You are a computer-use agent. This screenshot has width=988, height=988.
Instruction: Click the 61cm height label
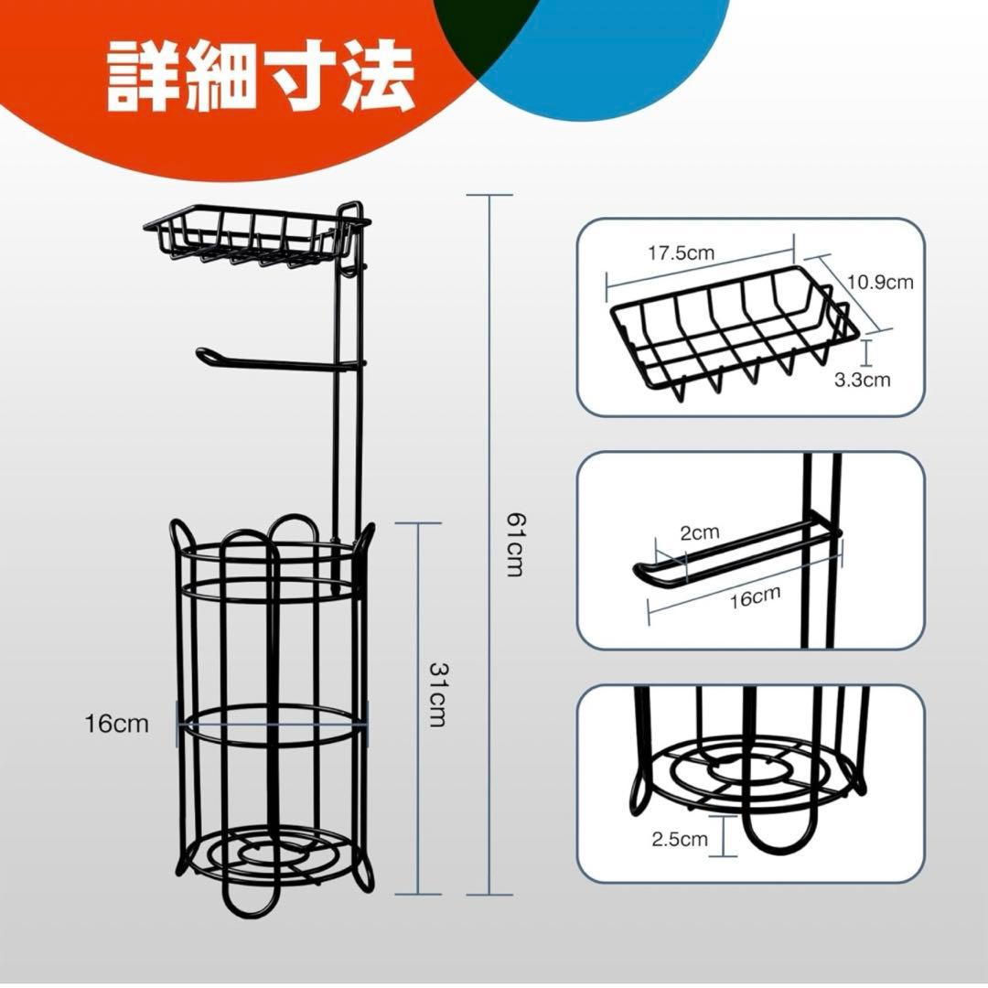(x=515, y=544)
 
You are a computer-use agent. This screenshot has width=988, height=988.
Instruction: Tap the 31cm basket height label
(x=436, y=694)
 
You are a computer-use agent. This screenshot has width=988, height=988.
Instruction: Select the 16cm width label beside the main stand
(x=117, y=724)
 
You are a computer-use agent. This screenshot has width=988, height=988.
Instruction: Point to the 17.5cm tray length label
(x=682, y=253)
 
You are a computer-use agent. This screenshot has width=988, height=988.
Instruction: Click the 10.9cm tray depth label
(x=880, y=282)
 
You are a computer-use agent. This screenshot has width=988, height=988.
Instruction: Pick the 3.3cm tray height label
(x=862, y=380)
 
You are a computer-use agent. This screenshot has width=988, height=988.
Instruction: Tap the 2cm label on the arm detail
(x=700, y=533)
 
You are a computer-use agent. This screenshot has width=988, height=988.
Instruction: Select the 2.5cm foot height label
(x=679, y=839)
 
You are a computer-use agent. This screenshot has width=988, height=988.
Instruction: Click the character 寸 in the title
(x=299, y=77)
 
